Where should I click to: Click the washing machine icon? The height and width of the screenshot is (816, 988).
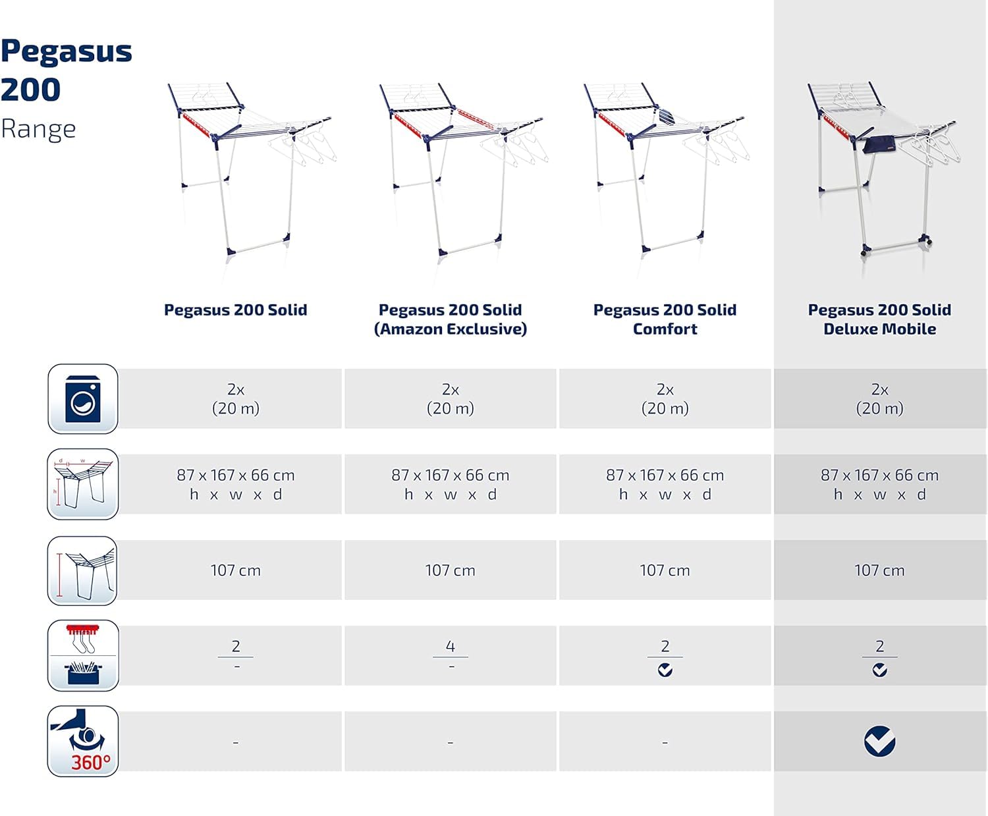click(83, 399)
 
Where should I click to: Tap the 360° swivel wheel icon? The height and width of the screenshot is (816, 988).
click(83, 741)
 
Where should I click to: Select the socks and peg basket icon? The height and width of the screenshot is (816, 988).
click(83, 655)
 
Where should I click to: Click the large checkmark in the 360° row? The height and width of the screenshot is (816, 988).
click(879, 741)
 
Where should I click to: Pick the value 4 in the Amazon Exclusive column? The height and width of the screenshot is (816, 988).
click(451, 646)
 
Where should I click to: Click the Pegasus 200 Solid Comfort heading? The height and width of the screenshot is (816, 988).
click(665, 319)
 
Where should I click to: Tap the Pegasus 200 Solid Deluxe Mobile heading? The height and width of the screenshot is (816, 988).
click(879, 319)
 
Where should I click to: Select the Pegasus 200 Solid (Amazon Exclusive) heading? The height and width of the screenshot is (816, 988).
click(451, 319)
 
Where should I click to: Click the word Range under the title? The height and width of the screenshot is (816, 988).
click(38, 129)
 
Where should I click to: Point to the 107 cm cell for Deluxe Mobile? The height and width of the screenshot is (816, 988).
click(879, 570)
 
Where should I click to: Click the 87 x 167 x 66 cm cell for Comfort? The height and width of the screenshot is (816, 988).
click(665, 484)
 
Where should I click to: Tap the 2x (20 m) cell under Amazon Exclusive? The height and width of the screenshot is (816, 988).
click(451, 399)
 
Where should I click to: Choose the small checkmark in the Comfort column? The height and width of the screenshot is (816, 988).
click(665, 670)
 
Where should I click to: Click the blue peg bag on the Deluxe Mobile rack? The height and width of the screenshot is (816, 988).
click(876, 144)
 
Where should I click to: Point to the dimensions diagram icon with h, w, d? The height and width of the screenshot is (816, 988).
click(83, 484)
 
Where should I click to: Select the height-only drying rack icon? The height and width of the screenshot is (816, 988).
click(83, 570)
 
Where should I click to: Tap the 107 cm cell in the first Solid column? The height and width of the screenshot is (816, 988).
click(236, 570)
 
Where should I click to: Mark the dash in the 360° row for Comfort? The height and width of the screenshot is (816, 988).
click(665, 742)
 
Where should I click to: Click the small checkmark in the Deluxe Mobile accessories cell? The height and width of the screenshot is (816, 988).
click(879, 670)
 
